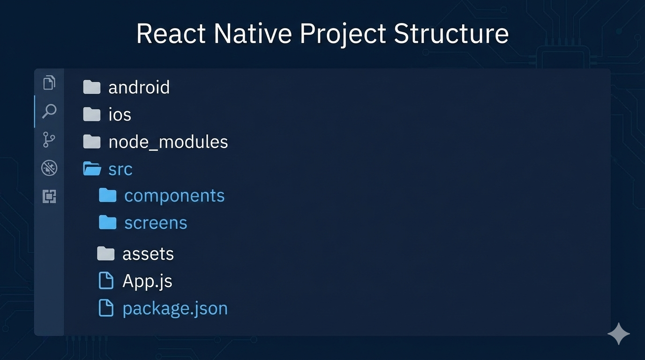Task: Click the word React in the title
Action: pyautogui.click(x=171, y=34)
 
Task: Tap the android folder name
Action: pyautogui.click(x=139, y=88)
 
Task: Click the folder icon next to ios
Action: pyautogui.click(x=92, y=114)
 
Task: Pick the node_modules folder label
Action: pyautogui.click(x=168, y=142)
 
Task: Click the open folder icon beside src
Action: pyautogui.click(x=92, y=169)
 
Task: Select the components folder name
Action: pyautogui.click(x=174, y=196)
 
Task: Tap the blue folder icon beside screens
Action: pyautogui.click(x=108, y=223)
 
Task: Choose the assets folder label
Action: pyautogui.click(x=148, y=254)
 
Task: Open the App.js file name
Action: pyautogui.click(x=147, y=281)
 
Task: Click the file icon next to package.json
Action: pyautogui.click(x=106, y=308)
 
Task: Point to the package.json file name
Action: pyautogui.click(x=175, y=308)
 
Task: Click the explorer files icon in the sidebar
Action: pyautogui.click(x=49, y=83)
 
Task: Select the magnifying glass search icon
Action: pyautogui.click(x=49, y=112)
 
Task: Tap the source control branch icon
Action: pyautogui.click(x=49, y=139)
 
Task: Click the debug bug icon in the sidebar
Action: pyautogui.click(x=49, y=168)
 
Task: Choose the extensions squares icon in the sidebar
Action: pyautogui.click(x=49, y=196)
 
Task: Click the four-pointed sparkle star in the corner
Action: pyautogui.click(x=618, y=334)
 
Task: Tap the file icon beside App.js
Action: pyautogui.click(x=106, y=281)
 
